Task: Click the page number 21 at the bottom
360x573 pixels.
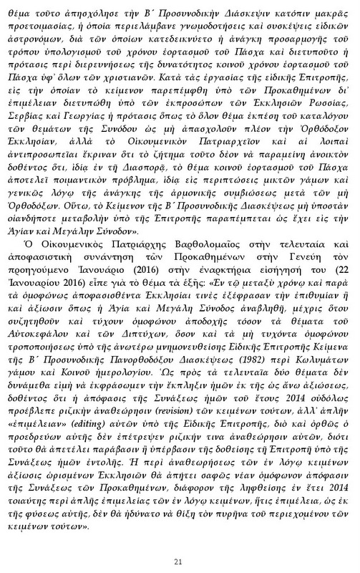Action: [180, 541]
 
